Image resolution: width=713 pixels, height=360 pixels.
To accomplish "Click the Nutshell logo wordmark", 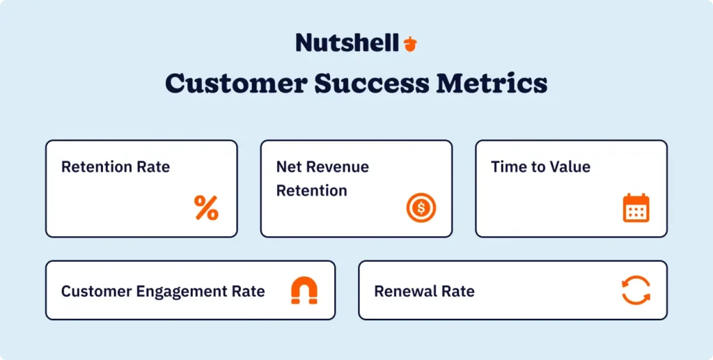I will click(x=347, y=42).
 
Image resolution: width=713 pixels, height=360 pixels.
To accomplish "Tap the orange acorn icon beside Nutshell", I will click(x=410, y=43).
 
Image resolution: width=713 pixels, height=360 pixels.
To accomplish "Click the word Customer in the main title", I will click(x=233, y=84).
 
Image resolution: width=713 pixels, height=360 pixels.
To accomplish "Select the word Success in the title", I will click(x=371, y=84).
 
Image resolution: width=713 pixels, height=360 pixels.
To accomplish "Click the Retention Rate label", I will click(x=116, y=167).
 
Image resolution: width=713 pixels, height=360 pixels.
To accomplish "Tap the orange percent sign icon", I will click(x=206, y=208).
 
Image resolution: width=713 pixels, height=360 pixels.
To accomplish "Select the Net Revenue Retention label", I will click(x=322, y=178).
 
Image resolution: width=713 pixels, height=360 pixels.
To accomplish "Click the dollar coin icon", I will click(x=421, y=208).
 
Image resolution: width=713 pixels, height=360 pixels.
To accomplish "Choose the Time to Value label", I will click(x=540, y=167).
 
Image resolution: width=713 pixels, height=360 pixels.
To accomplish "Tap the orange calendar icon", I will click(x=636, y=208).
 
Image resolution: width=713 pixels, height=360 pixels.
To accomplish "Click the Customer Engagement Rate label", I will click(x=163, y=291).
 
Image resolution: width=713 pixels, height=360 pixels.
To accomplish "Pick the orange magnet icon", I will click(x=304, y=291).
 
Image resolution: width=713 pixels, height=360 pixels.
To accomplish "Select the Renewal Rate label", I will click(x=424, y=291).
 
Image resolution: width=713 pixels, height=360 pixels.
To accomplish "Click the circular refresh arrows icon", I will click(x=636, y=290).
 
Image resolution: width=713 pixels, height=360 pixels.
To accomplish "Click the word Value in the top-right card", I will click(x=570, y=167).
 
